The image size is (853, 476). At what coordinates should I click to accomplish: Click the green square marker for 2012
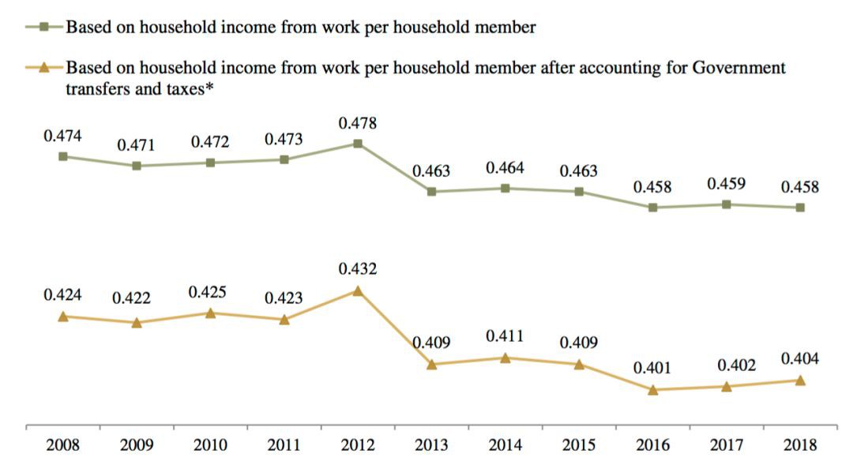point(358,144)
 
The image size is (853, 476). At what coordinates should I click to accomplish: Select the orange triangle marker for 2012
point(358,290)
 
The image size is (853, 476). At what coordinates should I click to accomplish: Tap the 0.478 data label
point(358,123)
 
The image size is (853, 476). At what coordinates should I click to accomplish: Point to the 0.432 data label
point(358,269)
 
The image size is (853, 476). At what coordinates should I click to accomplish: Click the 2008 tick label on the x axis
point(62,445)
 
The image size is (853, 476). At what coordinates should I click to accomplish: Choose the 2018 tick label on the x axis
point(800,445)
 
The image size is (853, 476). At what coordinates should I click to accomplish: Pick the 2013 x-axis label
point(431,445)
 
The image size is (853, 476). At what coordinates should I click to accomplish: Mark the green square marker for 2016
point(653,208)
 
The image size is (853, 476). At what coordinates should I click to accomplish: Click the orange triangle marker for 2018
point(800,380)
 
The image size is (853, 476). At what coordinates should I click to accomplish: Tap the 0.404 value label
point(800,359)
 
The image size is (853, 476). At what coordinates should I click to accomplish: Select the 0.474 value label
point(62,136)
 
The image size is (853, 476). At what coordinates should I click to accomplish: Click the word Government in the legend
point(738,68)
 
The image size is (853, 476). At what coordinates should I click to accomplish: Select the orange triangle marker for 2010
point(210,313)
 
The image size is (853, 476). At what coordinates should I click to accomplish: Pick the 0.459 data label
point(726,184)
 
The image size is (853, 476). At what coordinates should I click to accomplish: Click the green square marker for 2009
point(137,166)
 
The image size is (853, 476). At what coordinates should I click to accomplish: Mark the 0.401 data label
point(653,368)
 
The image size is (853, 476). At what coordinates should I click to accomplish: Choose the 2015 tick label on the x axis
point(579,445)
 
